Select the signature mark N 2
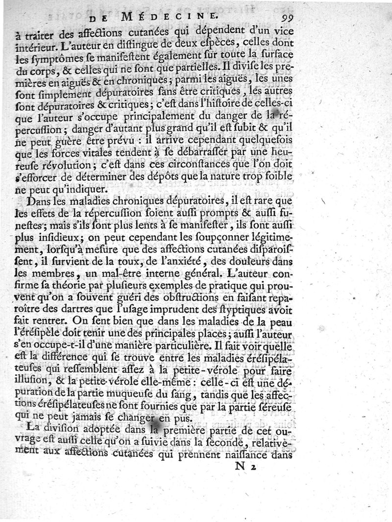pyautogui.click(x=246, y=467)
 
